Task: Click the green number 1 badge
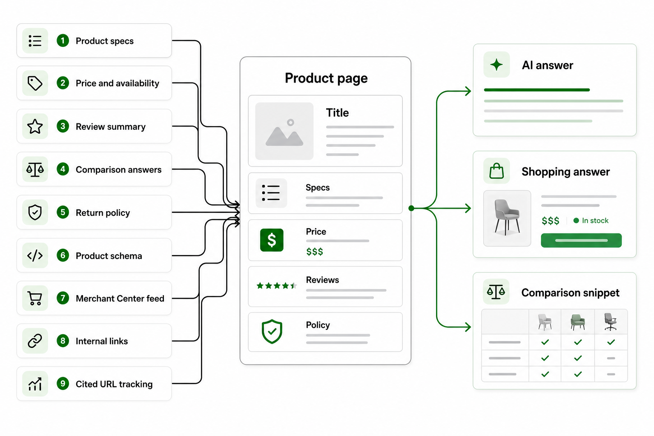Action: point(63,40)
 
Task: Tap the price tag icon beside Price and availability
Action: point(35,83)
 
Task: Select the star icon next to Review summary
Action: point(35,126)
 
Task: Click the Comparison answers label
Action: point(118,169)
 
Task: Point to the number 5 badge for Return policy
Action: point(63,212)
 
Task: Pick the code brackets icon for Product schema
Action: point(35,256)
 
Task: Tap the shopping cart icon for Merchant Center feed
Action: point(35,298)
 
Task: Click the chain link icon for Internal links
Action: point(35,341)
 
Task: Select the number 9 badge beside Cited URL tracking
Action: point(63,384)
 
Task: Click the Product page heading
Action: point(326,78)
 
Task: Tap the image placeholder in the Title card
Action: point(284,131)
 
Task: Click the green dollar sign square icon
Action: point(272,240)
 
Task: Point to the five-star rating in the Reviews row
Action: point(276,286)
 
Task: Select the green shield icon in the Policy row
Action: point(272,331)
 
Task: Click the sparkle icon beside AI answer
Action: point(496,65)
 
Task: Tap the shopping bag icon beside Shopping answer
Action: point(496,171)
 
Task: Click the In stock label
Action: point(595,221)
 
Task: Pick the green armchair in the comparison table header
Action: point(578,322)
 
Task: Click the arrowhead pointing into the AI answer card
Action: point(468,91)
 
